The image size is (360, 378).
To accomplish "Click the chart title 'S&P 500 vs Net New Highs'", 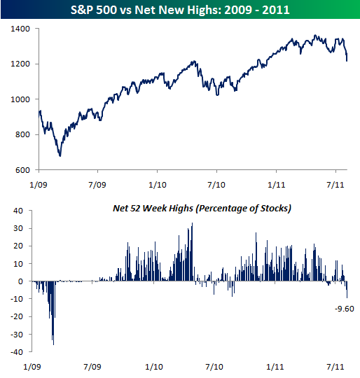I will coord(179,10).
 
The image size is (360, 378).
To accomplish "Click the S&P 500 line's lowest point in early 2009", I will coord(60,155).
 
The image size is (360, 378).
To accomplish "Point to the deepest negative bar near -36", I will coord(53,343).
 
